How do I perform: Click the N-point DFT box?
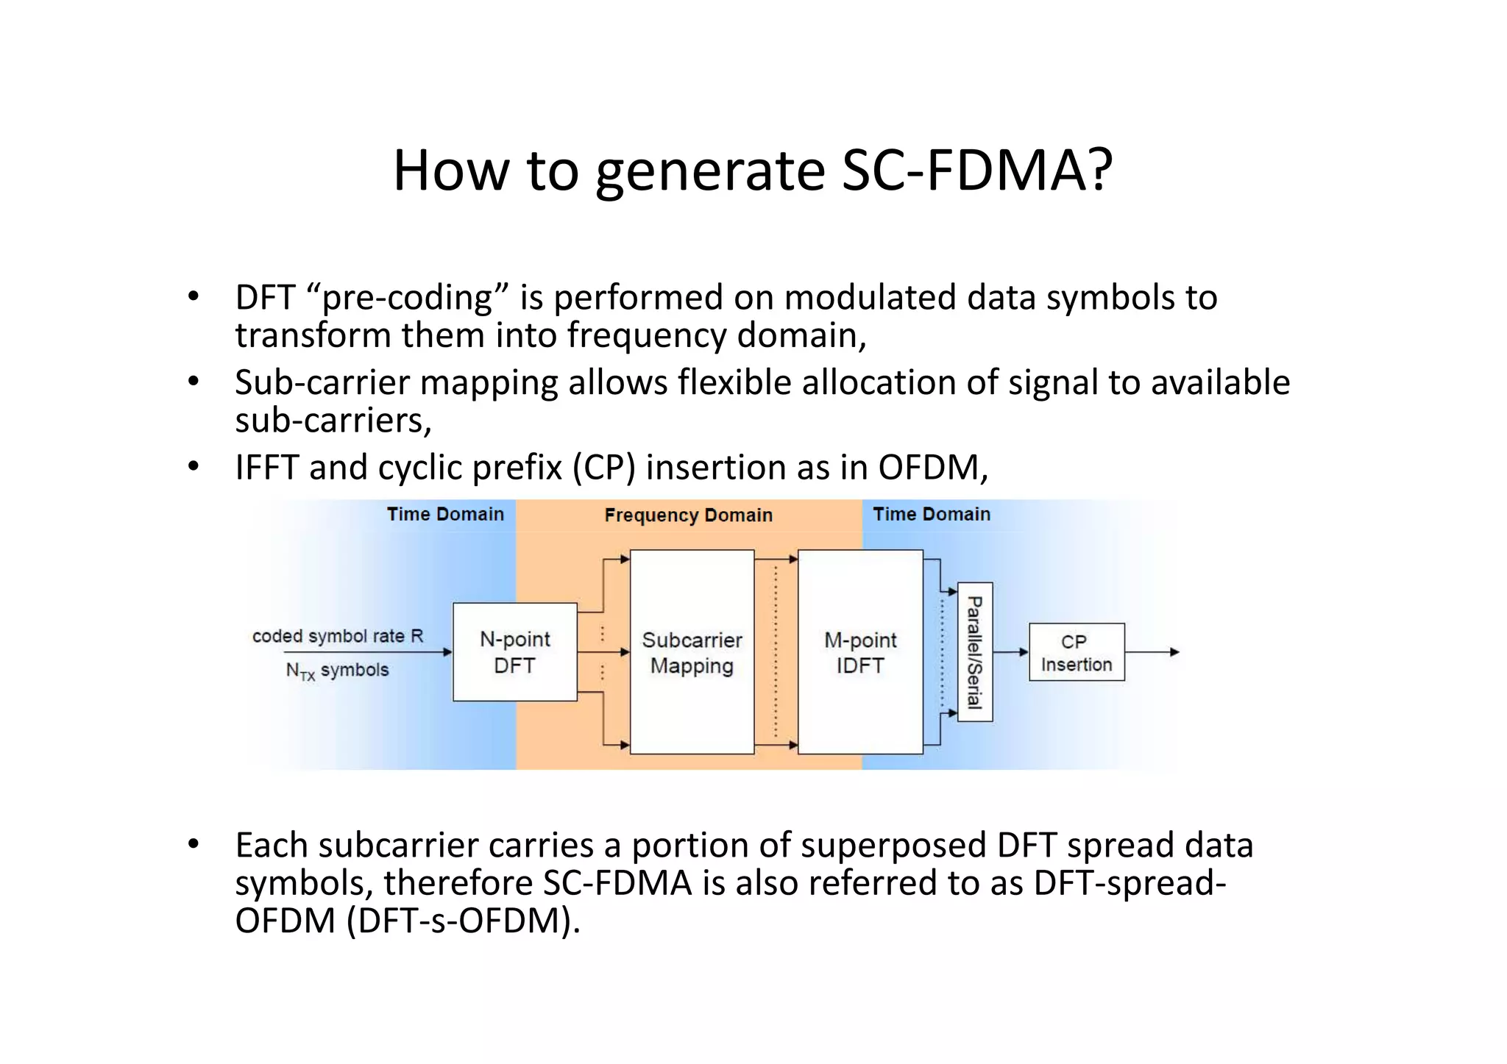coord(514,652)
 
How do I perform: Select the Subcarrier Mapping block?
coord(692,652)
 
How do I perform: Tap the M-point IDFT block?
coord(860,652)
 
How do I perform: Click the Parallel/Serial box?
coord(975,652)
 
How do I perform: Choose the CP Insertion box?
coord(1077,652)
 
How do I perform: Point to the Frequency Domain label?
coord(688,515)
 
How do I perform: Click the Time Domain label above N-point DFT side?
coord(445,514)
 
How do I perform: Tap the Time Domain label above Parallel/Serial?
coord(932,514)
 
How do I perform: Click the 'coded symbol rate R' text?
coord(338,636)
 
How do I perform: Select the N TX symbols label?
coord(337,671)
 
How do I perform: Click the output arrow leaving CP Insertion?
coord(1152,652)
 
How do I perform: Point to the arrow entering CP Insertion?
coord(1011,652)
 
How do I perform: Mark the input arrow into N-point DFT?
coord(368,652)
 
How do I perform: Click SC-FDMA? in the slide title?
coord(976,171)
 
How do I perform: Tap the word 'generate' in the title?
coord(710,171)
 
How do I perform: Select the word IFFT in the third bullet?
coord(266,468)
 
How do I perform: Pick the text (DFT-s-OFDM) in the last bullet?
coord(464,921)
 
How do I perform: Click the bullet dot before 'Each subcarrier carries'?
coord(194,845)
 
